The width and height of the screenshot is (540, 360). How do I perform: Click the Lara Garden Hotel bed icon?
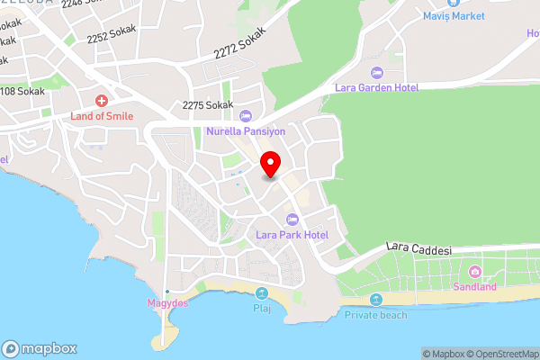pos(377,72)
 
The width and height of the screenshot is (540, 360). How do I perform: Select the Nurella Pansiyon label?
pos(246,131)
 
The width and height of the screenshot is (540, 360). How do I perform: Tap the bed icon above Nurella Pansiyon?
pos(246,115)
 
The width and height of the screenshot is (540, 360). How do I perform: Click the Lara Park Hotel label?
pos(292,235)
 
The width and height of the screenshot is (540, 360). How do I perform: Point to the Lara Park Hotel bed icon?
pos(292,220)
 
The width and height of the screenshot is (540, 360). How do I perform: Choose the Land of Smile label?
pos(102,116)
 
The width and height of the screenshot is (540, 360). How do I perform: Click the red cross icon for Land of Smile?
pos(102,100)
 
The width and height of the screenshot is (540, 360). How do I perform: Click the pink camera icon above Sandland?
pos(474,272)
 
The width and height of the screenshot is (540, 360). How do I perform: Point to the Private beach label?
pos(375,315)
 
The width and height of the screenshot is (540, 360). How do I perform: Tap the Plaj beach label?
pos(262,309)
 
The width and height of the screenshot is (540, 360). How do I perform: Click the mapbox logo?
pos(40,348)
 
